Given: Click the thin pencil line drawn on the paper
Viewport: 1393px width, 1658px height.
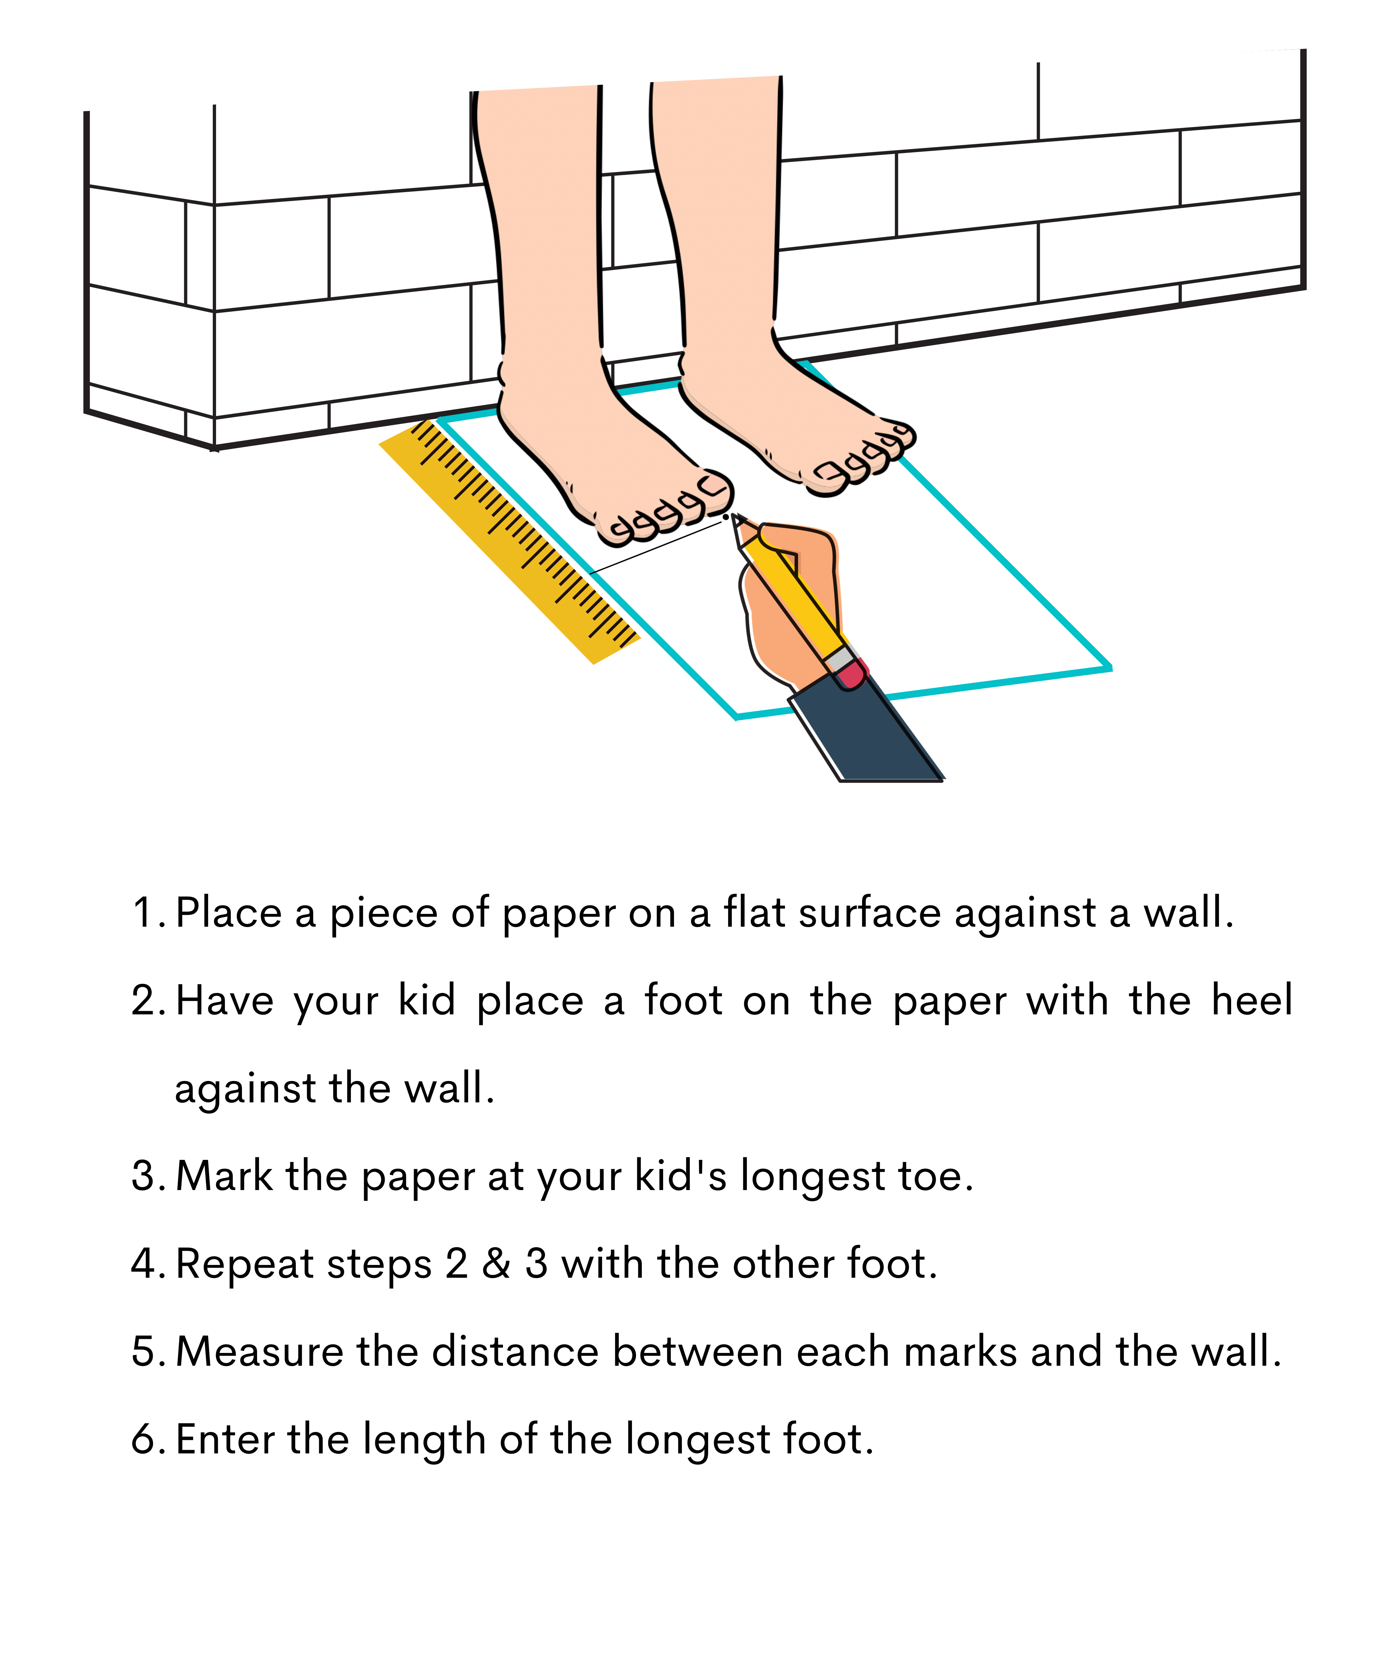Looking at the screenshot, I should (x=655, y=547).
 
